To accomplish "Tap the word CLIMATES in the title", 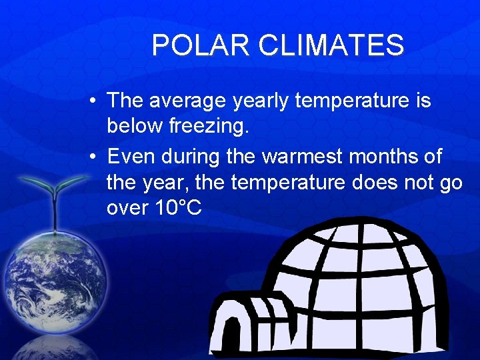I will (331, 45).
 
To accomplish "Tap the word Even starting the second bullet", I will (129, 157).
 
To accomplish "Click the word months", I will (388, 157).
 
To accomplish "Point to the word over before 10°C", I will (127, 208).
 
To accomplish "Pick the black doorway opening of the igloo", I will (231, 337).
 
